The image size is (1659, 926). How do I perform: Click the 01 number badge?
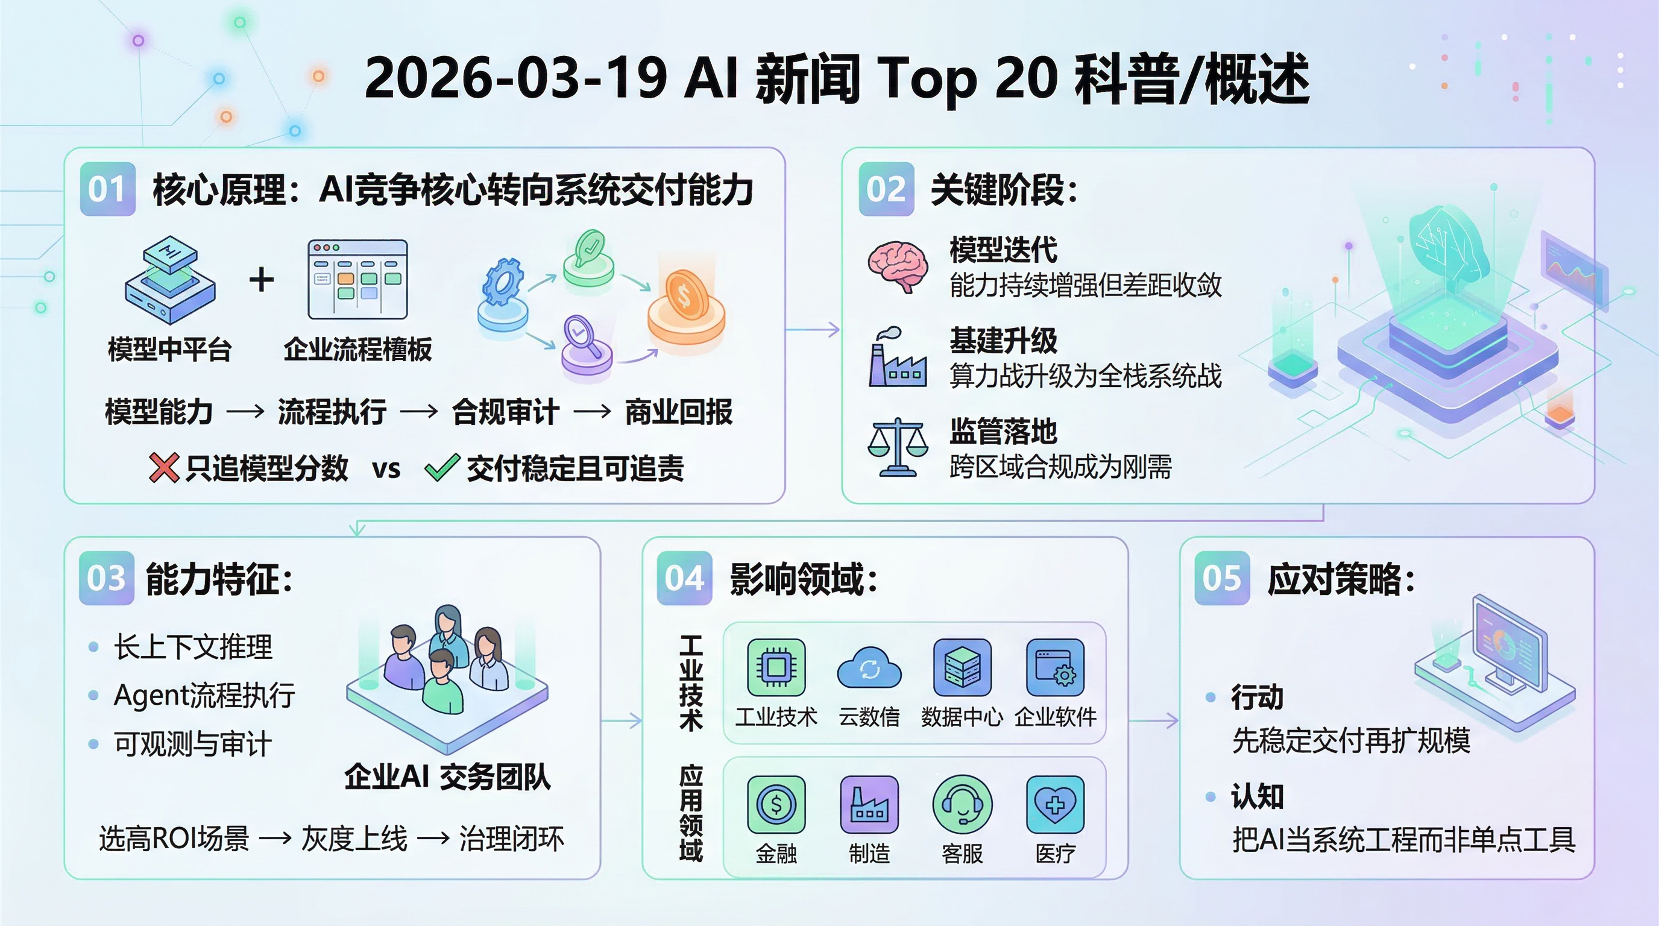point(107,189)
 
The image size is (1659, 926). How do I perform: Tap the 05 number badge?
point(1221,578)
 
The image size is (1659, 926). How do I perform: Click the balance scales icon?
point(897,447)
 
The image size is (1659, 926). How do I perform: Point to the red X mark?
point(163,467)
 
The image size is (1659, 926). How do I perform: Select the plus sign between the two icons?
point(262,280)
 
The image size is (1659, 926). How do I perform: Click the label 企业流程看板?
point(357,350)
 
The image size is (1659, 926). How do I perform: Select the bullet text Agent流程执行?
point(204,696)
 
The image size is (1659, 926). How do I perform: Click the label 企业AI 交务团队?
point(447,776)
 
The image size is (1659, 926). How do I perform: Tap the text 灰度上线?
point(354,839)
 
